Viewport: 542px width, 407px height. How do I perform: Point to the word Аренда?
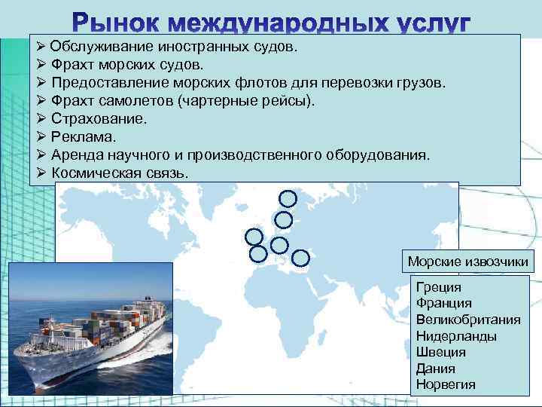point(79,155)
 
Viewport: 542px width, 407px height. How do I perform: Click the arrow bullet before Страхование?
point(42,118)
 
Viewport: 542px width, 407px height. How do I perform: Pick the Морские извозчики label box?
point(468,262)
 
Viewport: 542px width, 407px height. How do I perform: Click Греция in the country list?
point(438,287)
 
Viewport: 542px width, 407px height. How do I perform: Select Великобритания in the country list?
point(467,320)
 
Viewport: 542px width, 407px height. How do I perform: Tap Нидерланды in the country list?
point(456,336)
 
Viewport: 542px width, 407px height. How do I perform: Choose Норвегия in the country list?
point(446,385)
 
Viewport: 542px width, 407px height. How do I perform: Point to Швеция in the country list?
point(441,352)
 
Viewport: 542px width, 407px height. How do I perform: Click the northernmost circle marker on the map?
point(288,198)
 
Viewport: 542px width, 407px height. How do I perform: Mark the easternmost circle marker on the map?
point(300,258)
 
